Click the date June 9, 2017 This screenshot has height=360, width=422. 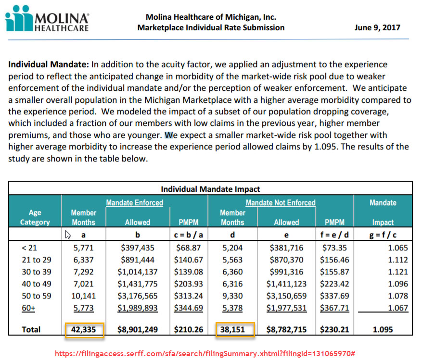[377, 27]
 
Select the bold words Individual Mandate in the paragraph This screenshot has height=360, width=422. [48, 64]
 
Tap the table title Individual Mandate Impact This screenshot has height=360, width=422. [210, 189]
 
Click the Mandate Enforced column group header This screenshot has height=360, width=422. [134, 203]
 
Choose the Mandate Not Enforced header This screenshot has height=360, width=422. [281, 203]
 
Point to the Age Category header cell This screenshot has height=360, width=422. [35, 217]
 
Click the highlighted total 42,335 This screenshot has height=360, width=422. [84, 330]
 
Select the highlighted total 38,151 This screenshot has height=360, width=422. [232, 330]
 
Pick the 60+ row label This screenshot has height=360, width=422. [29, 308]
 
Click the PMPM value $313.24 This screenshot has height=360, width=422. [188, 296]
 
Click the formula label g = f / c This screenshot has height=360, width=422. [383, 235]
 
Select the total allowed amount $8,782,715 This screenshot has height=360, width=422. [286, 330]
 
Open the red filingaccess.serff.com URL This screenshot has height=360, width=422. [205, 353]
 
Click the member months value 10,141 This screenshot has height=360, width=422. [83, 296]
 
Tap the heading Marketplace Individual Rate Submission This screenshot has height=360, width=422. [211, 27]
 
